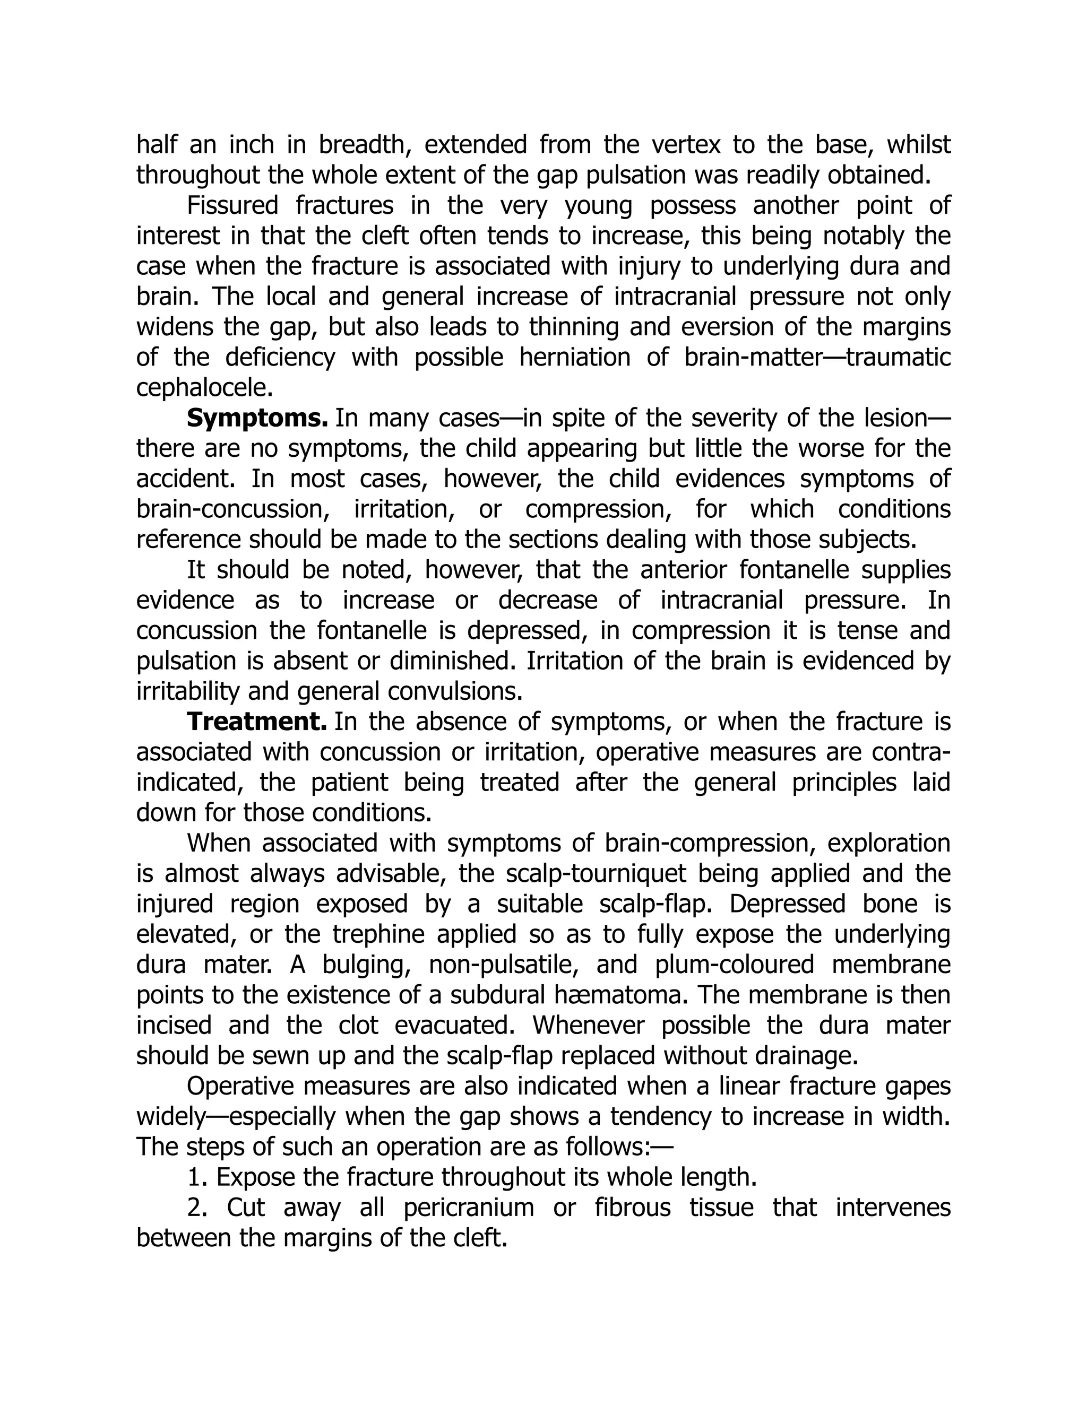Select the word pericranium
click(469, 1208)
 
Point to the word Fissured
click(232, 206)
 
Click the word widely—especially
click(236, 1117)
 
